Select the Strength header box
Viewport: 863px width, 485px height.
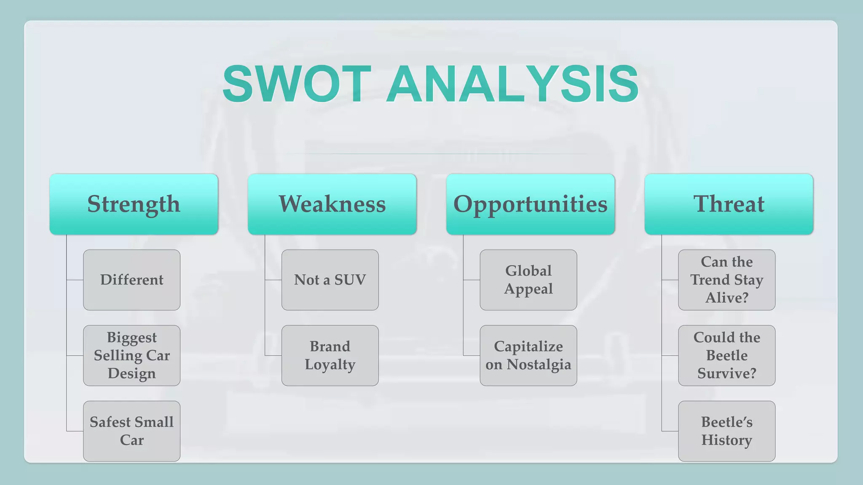(x=134, y=204)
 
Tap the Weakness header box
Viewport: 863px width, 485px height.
(x=332, y=204)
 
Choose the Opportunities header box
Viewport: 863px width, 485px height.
(x=531, y=204)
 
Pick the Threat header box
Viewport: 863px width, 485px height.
(x=729, y=204)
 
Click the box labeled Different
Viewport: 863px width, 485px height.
(x=131, y=280)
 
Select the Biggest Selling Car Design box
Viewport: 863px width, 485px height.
(x=131, y=355)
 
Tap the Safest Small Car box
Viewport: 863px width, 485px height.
(x=131, y=431)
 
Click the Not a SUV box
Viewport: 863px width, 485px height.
(x=330, y=280)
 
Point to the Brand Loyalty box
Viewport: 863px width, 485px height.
(x=330, y=355)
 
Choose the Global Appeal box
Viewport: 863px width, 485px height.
(x=528, y=280)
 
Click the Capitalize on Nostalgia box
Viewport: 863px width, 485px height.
(x=528, y=355)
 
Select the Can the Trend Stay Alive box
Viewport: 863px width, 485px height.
(x=726, y=280)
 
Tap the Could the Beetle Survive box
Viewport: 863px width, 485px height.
(x=726, y=355)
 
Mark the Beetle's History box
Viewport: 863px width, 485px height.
(x=726, y=431)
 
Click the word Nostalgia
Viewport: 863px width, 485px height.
(x=539, y=365)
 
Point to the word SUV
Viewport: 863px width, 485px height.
(x=350, y=280)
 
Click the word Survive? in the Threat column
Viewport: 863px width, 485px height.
(x=726, y=373)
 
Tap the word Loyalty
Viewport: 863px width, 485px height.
(x=330, y=365)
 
